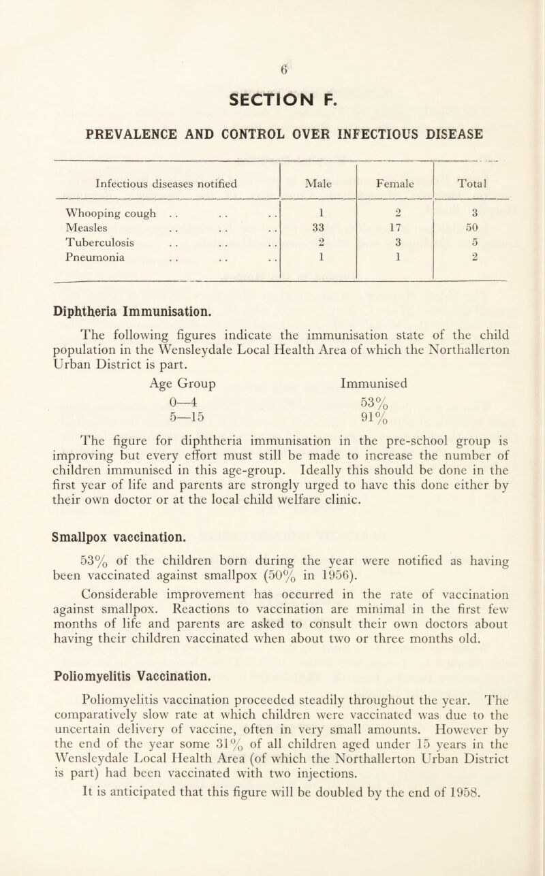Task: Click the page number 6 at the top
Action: (x=272, y=67)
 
